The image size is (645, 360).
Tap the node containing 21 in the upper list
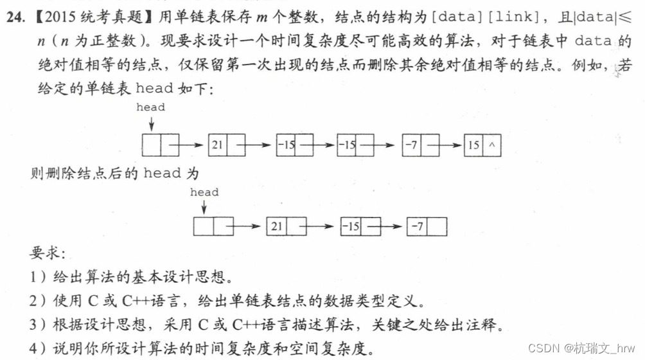226,145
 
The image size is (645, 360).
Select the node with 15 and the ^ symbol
482,145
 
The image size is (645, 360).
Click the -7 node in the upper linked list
420,145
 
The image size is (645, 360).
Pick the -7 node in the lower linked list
427,227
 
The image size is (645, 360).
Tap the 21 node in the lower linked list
287,227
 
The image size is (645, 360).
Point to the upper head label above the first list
150,107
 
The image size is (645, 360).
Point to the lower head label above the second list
204,192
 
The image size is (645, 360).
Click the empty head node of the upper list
160,145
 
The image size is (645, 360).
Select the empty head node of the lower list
213,227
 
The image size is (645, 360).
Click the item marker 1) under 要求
37,278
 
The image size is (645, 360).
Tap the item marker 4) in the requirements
37,349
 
